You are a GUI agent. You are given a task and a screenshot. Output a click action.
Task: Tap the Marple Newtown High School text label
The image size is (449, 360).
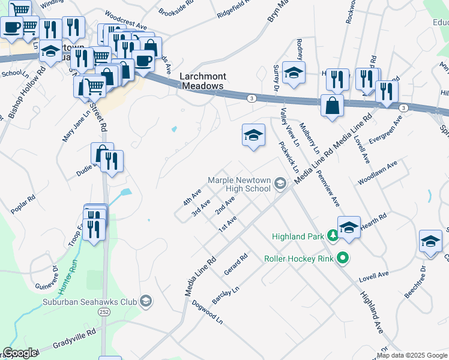[x=240, y=184]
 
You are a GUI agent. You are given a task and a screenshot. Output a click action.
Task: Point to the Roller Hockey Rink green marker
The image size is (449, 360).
[x=343, y=259]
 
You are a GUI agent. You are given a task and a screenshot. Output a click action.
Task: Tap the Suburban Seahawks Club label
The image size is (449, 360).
[x=89, y=301]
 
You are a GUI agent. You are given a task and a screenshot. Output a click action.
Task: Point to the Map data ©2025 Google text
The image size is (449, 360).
[x=412, y=355]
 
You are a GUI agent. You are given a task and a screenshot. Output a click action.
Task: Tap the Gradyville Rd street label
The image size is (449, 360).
[x=74, y=337]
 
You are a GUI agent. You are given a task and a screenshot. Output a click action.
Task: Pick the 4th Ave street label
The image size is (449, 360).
[x=192, y=196]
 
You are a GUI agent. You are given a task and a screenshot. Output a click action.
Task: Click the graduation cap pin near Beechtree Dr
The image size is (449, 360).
[x=430, y=241]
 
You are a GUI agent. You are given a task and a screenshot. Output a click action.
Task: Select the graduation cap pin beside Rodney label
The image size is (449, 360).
[x=293, y=73]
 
